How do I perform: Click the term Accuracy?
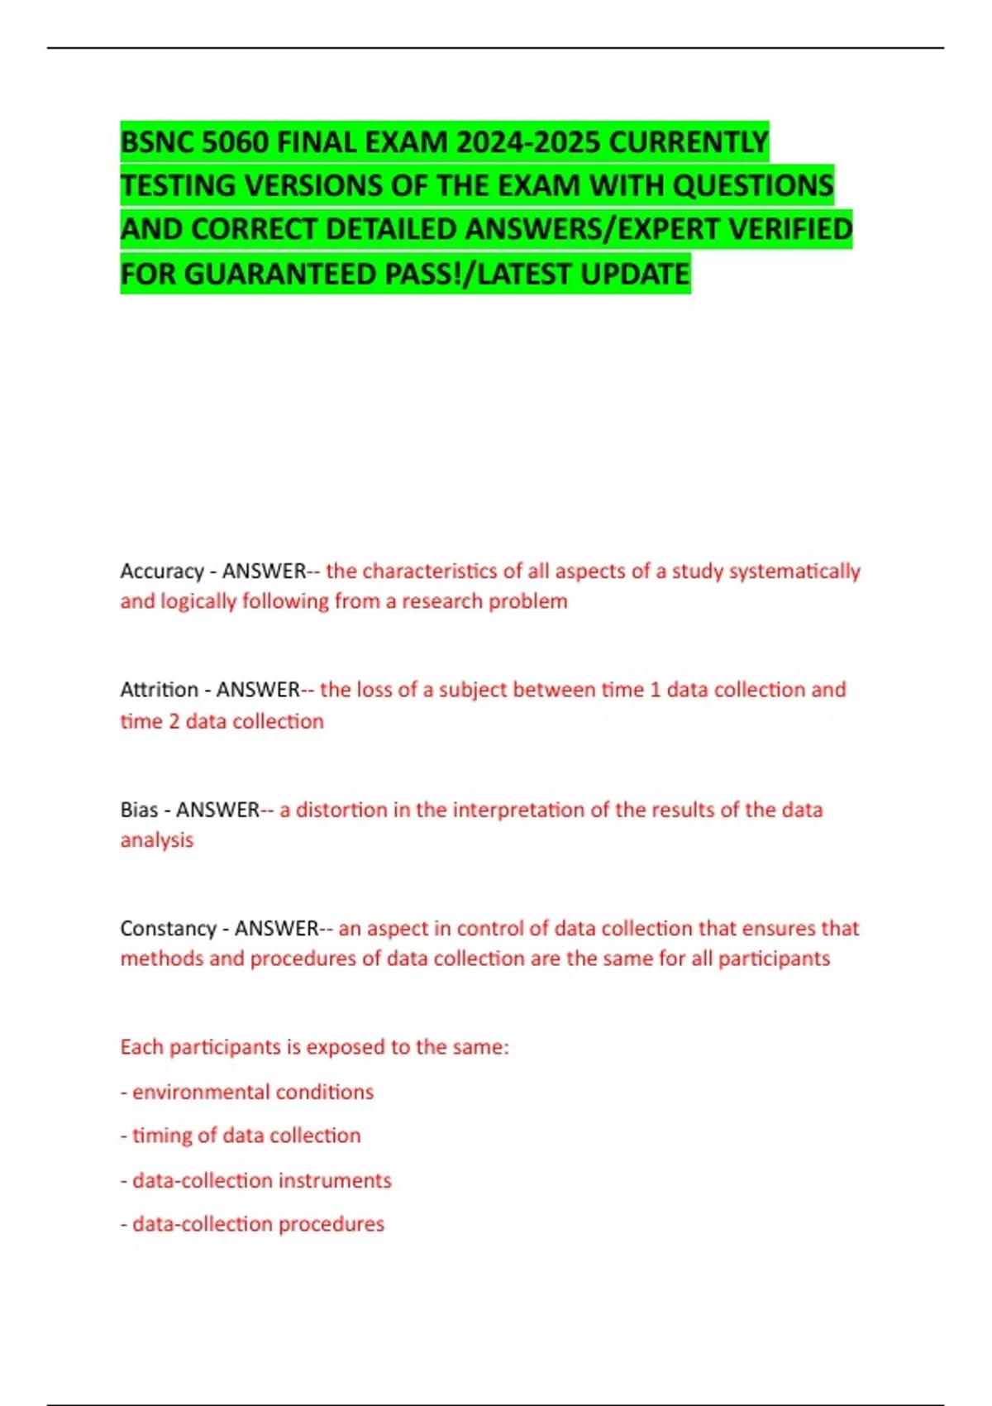tap(162, 571)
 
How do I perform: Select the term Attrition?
tap(160, 690)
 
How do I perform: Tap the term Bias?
tap(139, 810)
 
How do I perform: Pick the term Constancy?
tap(168, 929)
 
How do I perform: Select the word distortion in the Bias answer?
tap(341, 810)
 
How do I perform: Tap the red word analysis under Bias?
tap(157, 840)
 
